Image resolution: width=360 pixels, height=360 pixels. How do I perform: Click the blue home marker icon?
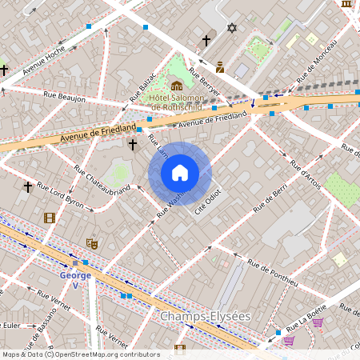click(179, 173)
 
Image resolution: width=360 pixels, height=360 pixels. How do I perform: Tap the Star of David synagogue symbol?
click(233, 28)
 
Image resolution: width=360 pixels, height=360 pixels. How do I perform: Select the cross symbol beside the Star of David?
click(206, 40)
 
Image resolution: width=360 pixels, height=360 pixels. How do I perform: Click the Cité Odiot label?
click(208, 202)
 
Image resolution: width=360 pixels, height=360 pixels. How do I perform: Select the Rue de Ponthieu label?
click(272, 272)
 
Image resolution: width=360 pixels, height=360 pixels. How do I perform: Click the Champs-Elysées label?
click(206, 317)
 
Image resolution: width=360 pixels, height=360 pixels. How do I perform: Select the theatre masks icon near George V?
click(92, 242)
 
